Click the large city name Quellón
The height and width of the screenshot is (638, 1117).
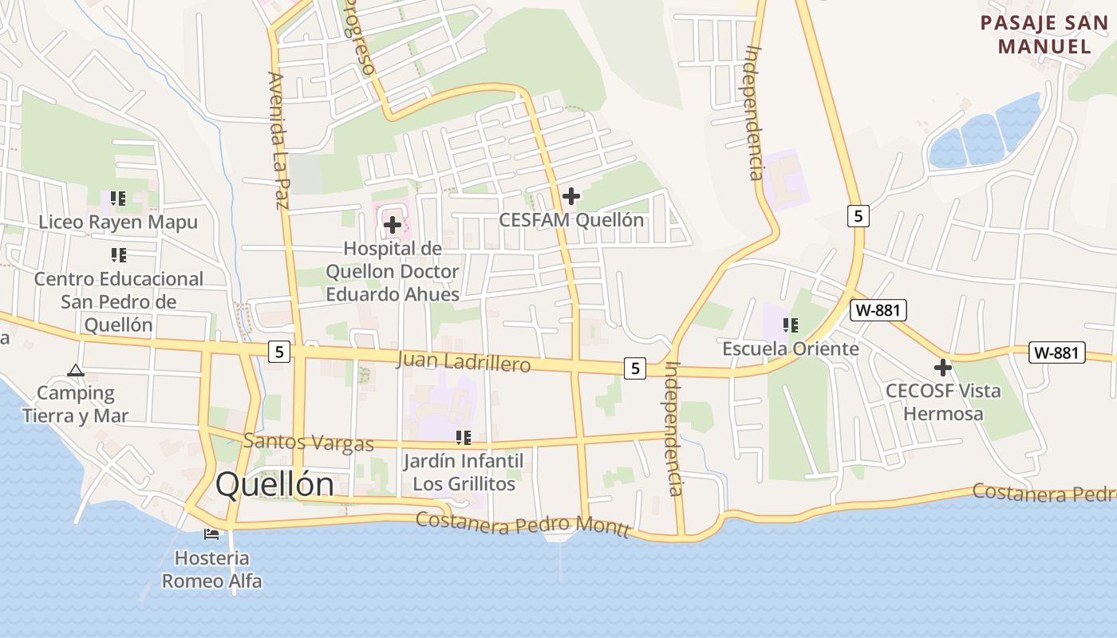tap(274, 485)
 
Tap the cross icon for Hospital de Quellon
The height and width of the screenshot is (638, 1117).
tap(393, 225)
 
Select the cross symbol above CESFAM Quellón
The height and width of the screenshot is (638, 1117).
tap(571, 195)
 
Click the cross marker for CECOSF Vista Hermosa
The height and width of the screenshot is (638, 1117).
tap(943, 368)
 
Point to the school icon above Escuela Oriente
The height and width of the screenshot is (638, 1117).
tap(791, 325)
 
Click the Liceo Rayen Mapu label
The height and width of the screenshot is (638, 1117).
tap(118, 222)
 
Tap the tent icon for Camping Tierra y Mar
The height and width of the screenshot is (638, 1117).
tap(76, 370)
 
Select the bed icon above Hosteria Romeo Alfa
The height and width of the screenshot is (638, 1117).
tap(211, 534)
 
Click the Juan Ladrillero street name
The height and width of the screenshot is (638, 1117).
tap(464, 363)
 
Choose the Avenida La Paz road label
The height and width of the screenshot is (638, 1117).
tap(278, 140)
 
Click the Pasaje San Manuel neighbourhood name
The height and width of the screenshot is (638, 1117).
tap(1044, 34)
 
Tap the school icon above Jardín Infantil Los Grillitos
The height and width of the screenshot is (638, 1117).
tap(464, 437)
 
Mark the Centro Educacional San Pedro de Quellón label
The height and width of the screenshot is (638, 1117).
tap(118, 302)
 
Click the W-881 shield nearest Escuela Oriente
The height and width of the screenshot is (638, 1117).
tap(878, 310)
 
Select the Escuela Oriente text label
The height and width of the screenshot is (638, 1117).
tap(791, 349)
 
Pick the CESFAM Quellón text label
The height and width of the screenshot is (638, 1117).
tap(571, 220)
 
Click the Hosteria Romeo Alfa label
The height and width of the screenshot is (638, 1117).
tap(211, 569)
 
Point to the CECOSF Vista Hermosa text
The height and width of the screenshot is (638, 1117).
tap(943, 403)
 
